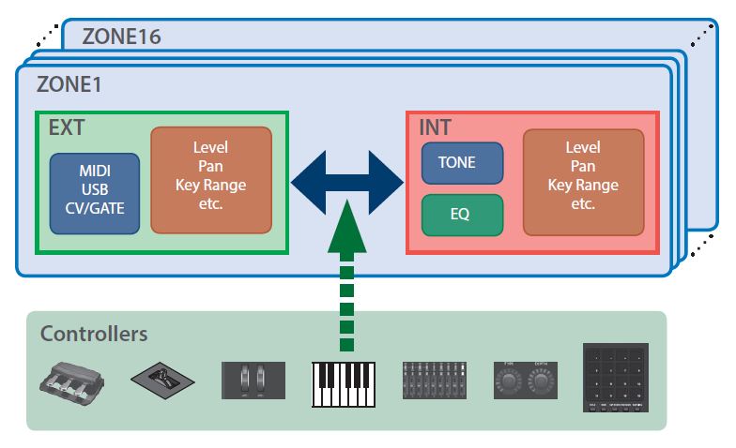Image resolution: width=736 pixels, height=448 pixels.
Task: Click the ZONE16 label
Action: click(122, 37)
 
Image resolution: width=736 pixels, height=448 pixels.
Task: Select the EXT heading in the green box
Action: click(67, 127)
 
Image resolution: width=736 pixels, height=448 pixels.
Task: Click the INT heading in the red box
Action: click(436, 127)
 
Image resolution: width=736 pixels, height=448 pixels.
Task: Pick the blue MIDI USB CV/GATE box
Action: click(94, 193)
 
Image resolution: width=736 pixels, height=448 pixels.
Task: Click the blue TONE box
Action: click(456, 163)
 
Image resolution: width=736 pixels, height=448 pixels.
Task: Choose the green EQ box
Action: click(460, 215)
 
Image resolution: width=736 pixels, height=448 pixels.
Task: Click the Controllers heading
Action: click(94, 334)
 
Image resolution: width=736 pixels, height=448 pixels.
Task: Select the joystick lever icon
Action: click(162, 382)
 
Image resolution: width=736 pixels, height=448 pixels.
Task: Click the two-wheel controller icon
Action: click(253, 381)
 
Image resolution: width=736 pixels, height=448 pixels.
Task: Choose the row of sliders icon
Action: click(434, 381)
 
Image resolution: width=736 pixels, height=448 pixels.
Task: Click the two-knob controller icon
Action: click(525, 381)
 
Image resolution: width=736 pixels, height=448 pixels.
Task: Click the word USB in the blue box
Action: click(94, 193)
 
